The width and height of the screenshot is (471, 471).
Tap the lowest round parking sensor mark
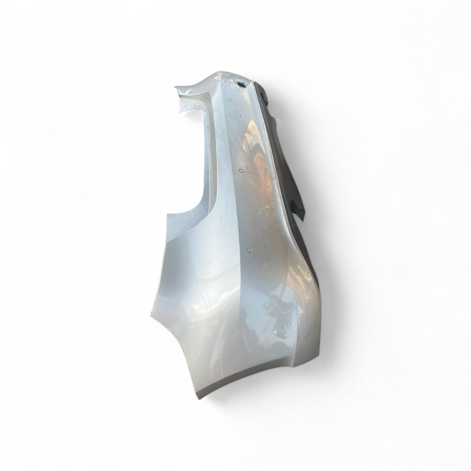pyautogui.click(x=249, y=250)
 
